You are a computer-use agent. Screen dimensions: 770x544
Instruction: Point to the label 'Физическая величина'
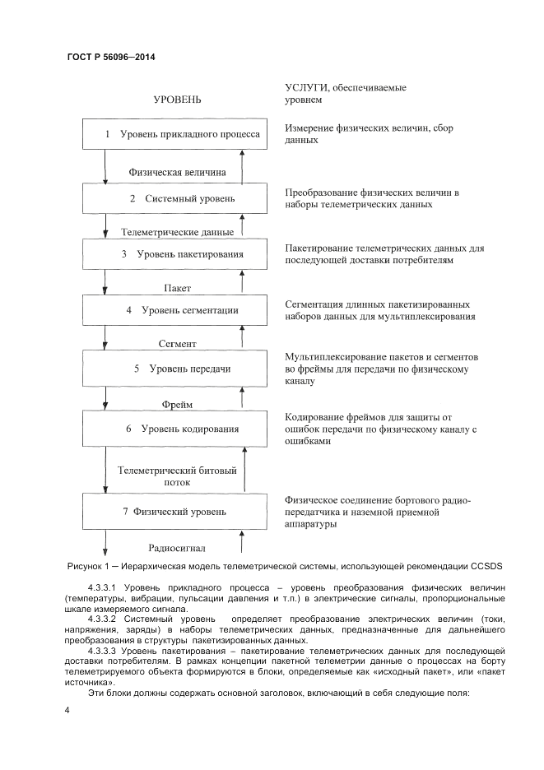178,173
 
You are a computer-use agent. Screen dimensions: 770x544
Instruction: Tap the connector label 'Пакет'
177,288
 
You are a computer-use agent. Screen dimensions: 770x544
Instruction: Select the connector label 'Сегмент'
177,343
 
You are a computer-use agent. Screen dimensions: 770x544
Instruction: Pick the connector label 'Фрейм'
177,404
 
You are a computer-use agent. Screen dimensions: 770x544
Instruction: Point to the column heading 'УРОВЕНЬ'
177,100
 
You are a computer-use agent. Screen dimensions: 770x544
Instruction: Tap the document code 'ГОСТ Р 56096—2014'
110,58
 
